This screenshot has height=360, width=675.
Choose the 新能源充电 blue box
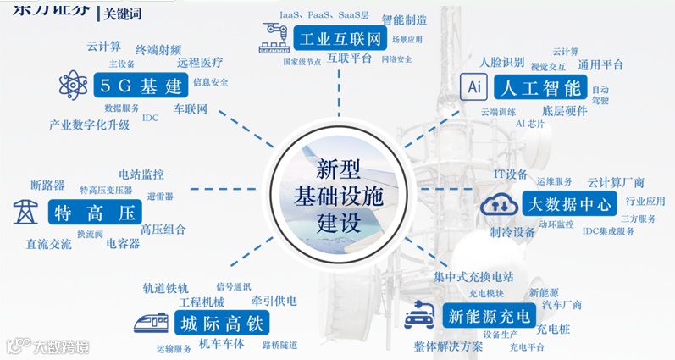(489, 317)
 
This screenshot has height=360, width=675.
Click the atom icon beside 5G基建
(74, 85)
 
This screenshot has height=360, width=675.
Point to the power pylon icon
(25, 212)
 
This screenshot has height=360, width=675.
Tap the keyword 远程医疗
(200, 62)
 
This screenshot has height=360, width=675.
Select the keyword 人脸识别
(501, 62)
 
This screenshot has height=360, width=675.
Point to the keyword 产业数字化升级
(90, 125)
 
